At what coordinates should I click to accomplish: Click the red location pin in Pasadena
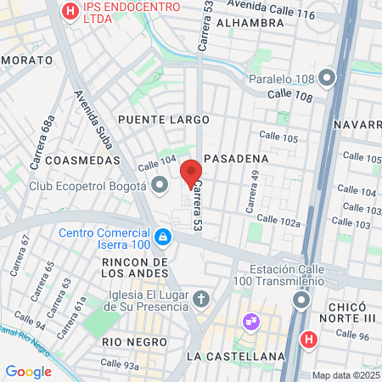click(x=191, y=173)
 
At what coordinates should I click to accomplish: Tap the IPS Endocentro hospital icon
click(x=70, y=11)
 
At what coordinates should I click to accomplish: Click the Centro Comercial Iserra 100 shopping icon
click(x=161, y=235)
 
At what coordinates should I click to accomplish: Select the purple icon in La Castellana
click(x=250, y=322)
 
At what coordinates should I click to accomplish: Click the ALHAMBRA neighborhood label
click(x=244, y=23)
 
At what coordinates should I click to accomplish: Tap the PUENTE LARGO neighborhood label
click(x=164, y=120)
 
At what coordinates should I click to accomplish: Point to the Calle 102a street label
click(x=280, y=222)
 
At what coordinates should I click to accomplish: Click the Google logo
click(x=28, y=371)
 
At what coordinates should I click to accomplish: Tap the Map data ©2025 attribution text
click(x=345, y=375)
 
